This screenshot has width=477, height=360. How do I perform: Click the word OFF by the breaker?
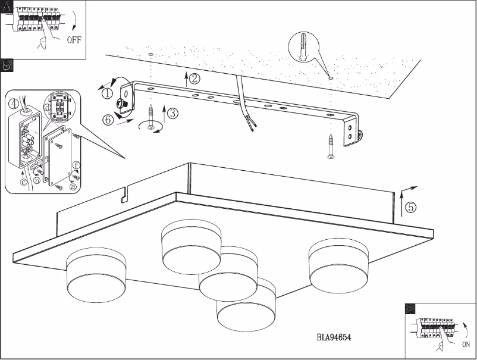(x=74, y=40)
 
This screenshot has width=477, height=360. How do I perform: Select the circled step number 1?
(x=106, y=93)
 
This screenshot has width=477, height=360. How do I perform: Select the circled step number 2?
(x=194, y=77)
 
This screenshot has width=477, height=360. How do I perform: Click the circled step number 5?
(x=411, y=207)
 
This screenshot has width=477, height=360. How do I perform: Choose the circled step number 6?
(x=108, y=120)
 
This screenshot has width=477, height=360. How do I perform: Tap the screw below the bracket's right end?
(x=331, y=146)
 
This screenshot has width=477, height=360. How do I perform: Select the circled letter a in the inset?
(x=73, y=186)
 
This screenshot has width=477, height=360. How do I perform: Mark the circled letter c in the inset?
(x=24, y=181)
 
